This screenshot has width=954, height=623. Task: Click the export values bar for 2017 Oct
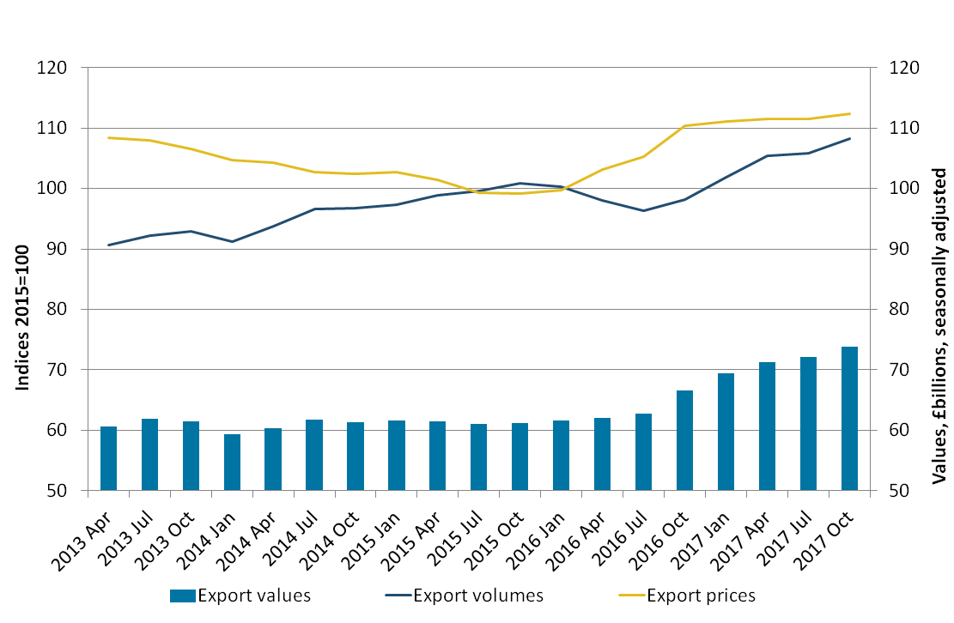(x=849, y=419)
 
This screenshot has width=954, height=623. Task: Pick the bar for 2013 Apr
(x=108, y=458)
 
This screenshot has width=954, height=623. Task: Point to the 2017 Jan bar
(x=726, y=432)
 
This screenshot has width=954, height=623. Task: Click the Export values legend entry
(x=240, y=595)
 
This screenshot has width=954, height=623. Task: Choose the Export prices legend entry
(x=687, y=595)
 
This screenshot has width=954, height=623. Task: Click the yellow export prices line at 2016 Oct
(x=684, y=126)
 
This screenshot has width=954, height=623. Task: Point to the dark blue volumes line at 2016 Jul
(x=643, y=210)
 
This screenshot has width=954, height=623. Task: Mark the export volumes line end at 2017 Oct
(x=849, y=138)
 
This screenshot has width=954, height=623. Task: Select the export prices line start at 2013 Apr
(x=108, y=137)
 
